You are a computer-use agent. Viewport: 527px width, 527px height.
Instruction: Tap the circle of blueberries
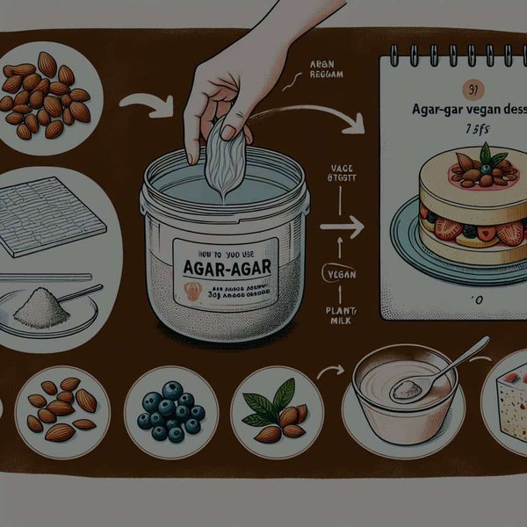[x=170, y=412]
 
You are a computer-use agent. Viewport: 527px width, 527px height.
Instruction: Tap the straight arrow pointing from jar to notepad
[x=342, y=227]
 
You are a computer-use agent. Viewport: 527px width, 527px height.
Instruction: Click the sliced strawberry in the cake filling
[x=509, y=234]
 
